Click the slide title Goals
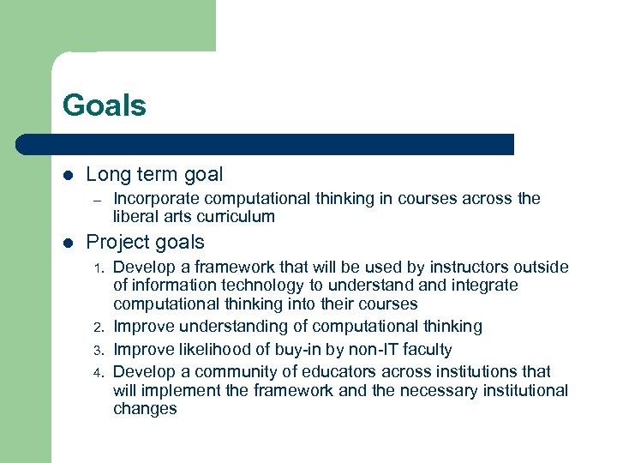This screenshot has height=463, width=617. pyautogui.click(x=104, y=105)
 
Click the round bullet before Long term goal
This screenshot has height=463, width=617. pyautogui.click(x=68, y=176)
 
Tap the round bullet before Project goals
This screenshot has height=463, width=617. pyautogui.click(x=68, y=243)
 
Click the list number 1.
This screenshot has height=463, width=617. pyautogui.click(x=99, y=268)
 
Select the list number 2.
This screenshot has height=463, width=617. pyautogui.click(x=99, y=328)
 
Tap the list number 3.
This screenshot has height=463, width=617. pyautogui.click(x=99, y=350)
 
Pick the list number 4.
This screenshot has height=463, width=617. pyautogui.click(x=99, y=372)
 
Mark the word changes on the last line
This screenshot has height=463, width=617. pyautogui.click(x=145, y=409)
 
